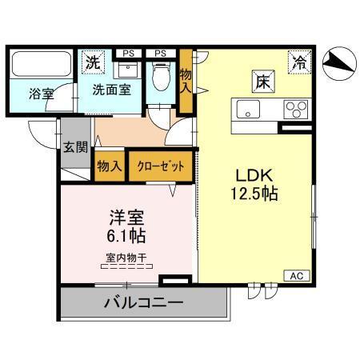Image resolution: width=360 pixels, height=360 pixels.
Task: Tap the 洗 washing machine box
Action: point(94,62)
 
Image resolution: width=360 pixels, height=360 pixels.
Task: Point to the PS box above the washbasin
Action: point(127,54)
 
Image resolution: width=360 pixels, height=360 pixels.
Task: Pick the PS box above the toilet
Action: point(160,54)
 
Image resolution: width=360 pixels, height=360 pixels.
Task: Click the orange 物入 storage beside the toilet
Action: point(186,78)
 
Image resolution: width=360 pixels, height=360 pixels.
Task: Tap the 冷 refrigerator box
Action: point(298,60)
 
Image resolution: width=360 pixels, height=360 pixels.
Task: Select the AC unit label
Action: point(295,276)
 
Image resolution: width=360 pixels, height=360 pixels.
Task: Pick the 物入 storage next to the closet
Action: point(110,166)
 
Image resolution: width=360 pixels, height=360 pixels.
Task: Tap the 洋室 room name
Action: point(127,218)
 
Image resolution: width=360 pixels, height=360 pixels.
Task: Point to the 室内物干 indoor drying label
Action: point(126,257)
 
